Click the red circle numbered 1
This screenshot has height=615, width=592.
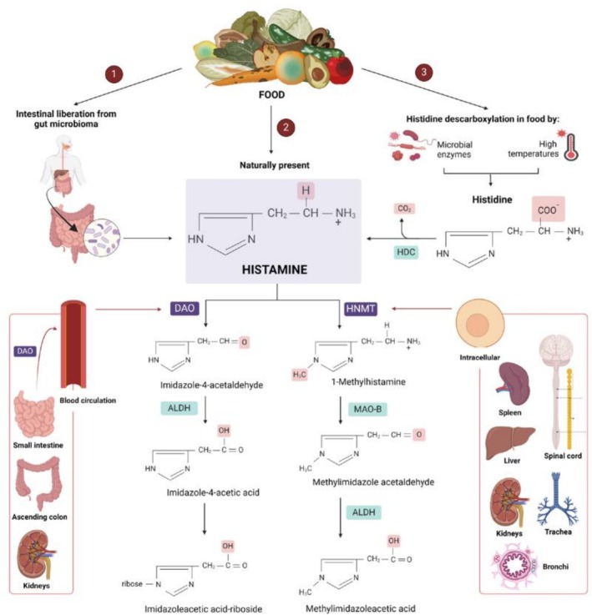click(x=114, y=73)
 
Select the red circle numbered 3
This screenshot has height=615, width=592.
click(x=423, y=72)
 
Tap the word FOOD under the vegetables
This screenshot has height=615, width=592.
click(x=271, y=95)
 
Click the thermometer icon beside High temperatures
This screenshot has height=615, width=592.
click(x=570, y=147)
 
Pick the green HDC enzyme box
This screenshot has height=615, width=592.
click(x=406, y=252)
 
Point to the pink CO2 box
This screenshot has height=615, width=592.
click(x=404, y=209)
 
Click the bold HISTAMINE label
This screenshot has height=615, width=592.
click(x=275, y=270)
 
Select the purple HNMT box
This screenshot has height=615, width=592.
click(x=361, y=309)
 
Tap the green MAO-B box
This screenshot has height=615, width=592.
click(x=367, y=409)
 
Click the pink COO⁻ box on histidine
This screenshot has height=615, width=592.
click(x=548, y=209)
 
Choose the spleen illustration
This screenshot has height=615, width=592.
click(x=512, y=385)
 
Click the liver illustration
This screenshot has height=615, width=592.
click(x=510, y=442)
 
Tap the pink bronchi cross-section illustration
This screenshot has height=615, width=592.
click(x=514, y=566)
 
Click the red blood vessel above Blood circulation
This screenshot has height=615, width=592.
click(x=73, y=345)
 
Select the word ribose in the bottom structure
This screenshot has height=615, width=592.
click(x=132, y=584)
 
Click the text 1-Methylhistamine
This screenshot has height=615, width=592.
click(x=368, y=381)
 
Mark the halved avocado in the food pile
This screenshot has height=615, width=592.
click(x=316, y=72)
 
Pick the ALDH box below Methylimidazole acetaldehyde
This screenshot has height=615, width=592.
click(x=363, y=512)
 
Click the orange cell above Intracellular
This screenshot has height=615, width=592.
click(x=479, y=324)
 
